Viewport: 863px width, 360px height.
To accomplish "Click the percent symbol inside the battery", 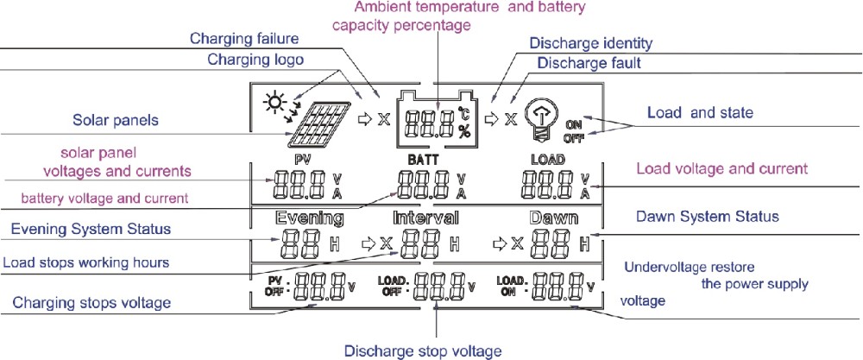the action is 464,131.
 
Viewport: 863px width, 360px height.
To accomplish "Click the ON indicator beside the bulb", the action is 574,124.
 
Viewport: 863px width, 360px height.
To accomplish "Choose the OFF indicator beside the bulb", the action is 574,138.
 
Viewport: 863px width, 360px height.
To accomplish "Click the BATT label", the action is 423,160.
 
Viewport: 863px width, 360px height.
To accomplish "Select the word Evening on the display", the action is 310,218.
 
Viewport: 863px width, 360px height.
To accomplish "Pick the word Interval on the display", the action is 425,218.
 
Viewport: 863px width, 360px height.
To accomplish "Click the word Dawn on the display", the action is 554,218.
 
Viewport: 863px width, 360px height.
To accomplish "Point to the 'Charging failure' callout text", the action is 244,39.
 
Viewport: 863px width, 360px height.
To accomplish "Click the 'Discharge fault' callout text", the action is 589,63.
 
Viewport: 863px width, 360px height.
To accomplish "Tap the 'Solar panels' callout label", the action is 117,120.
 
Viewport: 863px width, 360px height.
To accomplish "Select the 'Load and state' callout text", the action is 700,113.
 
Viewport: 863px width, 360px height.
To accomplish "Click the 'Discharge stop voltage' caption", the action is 423,351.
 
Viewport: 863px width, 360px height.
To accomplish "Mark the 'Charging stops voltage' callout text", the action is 91,303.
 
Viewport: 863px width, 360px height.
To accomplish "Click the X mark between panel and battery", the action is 383,118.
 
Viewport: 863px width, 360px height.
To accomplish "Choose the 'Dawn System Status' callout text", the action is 708,216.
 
